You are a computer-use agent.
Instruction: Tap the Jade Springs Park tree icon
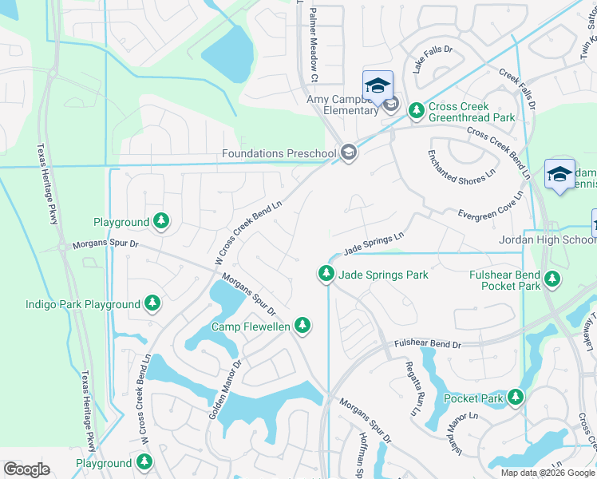(x=326, y=274)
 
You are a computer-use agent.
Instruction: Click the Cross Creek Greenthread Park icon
(x=416, y=111)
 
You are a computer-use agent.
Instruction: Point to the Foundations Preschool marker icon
(x=348, y=152)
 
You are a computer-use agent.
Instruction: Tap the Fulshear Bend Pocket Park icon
(x=552, y=279)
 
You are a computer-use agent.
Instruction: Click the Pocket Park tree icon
(x=516, y=397)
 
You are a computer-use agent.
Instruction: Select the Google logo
(x=26, y=469)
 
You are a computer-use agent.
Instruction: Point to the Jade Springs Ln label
(x=374, y=243)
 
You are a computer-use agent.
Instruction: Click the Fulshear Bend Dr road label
(x=428, y=344)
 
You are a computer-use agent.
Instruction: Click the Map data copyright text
(x=548, y=472)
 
